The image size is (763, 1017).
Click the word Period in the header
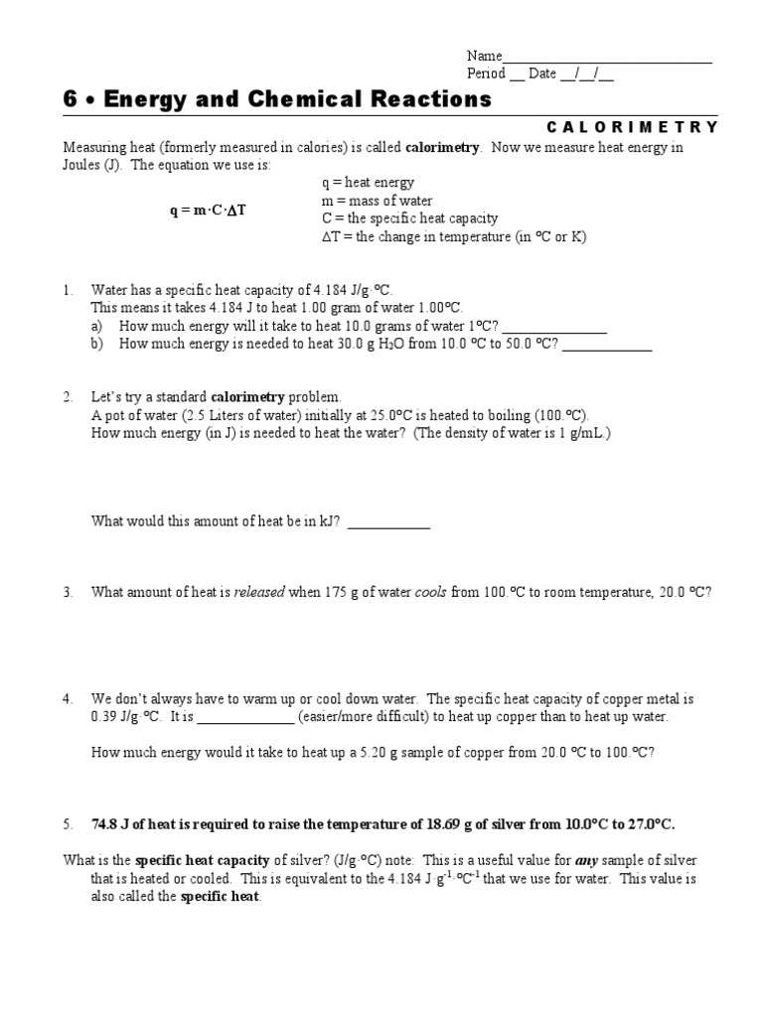pos(486,74)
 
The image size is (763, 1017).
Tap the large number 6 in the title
pos(70,99)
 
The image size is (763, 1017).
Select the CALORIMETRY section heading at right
pos(632,127)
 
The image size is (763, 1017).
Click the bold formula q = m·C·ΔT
pos(207,211)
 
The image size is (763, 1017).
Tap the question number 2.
pos(68,397)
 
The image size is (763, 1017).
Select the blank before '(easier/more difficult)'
pos(246,717)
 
